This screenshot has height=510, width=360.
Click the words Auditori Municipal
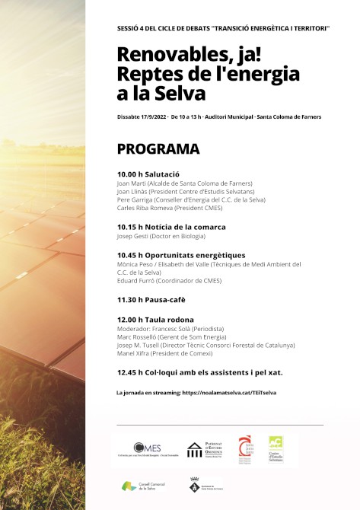[x=245, y=116]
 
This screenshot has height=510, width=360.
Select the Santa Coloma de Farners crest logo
[x=195, y=485]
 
